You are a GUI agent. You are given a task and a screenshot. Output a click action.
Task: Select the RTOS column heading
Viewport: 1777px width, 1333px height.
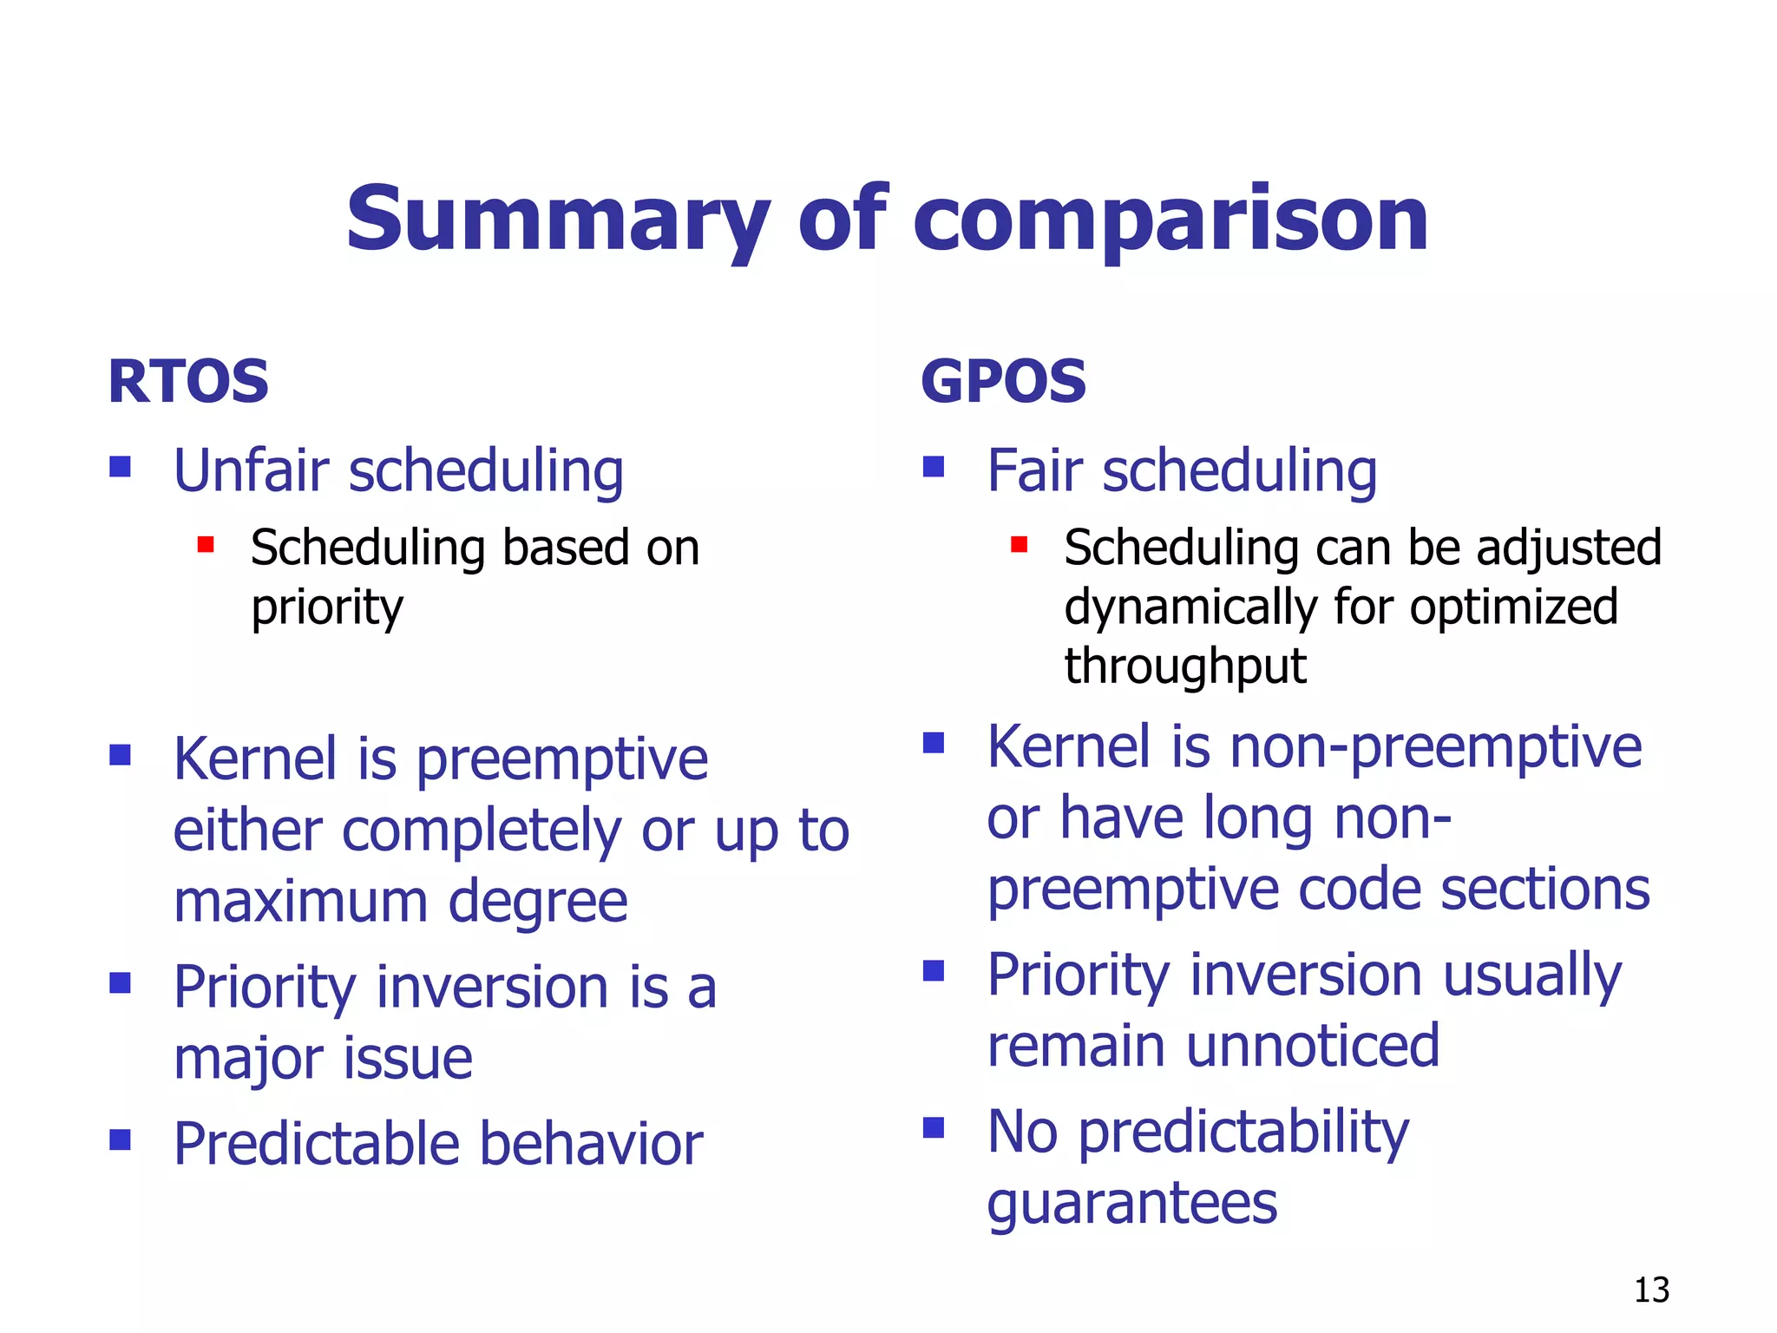pos(188,382)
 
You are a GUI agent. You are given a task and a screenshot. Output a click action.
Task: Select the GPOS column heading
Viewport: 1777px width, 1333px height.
pos(1003,382)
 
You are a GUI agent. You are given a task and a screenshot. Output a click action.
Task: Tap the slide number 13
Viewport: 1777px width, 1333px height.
pos(1651,1290)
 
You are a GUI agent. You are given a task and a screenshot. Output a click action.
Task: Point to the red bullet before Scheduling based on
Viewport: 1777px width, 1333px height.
pos(206,545)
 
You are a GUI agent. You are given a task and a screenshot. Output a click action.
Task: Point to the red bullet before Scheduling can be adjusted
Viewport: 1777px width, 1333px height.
pos(1020,545)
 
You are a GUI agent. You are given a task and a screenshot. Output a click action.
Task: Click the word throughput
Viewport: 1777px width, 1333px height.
pos(1185,666)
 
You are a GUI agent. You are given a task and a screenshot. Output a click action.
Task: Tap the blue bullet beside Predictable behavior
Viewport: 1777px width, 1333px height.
pos(120,1139)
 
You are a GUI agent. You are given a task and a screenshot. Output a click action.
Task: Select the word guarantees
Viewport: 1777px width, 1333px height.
pos(1132,1205)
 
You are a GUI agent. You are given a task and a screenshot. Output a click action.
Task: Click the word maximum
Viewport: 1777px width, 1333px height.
pos(300,902)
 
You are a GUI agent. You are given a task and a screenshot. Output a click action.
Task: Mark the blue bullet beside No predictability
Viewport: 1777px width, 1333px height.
pos(934,1127)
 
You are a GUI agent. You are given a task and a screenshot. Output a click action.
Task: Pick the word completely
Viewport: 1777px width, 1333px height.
pos(482,831)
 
